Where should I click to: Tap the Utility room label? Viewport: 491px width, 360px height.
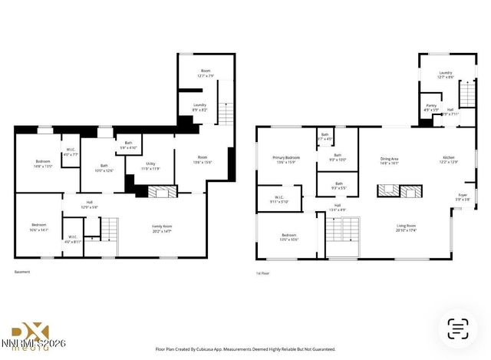151,167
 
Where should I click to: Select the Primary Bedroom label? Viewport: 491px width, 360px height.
286,160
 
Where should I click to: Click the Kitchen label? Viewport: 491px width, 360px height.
448,160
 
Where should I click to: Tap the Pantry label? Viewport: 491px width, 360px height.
430,108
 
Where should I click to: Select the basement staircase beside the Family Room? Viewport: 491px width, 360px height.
111,229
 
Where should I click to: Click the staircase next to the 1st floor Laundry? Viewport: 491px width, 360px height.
467,97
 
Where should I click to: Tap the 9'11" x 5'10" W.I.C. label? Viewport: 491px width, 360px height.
278,200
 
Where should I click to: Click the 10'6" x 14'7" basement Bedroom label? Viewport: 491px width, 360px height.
38,228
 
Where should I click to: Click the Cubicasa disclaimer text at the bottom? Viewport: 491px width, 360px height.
245,348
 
